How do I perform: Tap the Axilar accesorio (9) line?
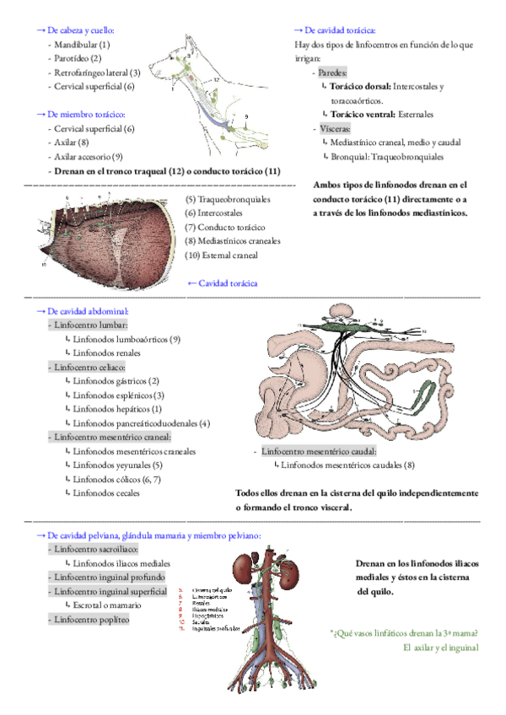click(x=89, y=157)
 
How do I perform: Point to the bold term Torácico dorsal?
click(x=358, y=86)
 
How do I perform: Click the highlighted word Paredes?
click(x=332, y=73)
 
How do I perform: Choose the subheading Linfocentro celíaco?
click(x=89, y=368)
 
